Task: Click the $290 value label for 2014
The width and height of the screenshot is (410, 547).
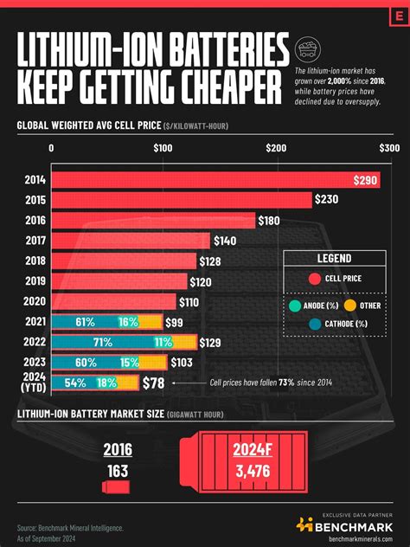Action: point(365,180)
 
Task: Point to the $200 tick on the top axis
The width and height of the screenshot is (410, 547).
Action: point(276,149)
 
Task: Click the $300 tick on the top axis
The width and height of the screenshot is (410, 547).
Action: point(388,149)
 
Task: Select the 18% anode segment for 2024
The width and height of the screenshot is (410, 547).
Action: point(107,383)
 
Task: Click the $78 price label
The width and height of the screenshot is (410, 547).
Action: point(155,383)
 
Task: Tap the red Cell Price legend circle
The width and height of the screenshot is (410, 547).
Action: point(315,279)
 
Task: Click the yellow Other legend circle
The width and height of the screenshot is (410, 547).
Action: point(349,305)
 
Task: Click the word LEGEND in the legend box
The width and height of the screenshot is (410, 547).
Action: point(333,259)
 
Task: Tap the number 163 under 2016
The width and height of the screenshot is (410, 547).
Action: point(118,470)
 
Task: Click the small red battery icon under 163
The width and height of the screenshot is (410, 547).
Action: point(117,490)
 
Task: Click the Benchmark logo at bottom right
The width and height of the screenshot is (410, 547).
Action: point(345,524)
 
